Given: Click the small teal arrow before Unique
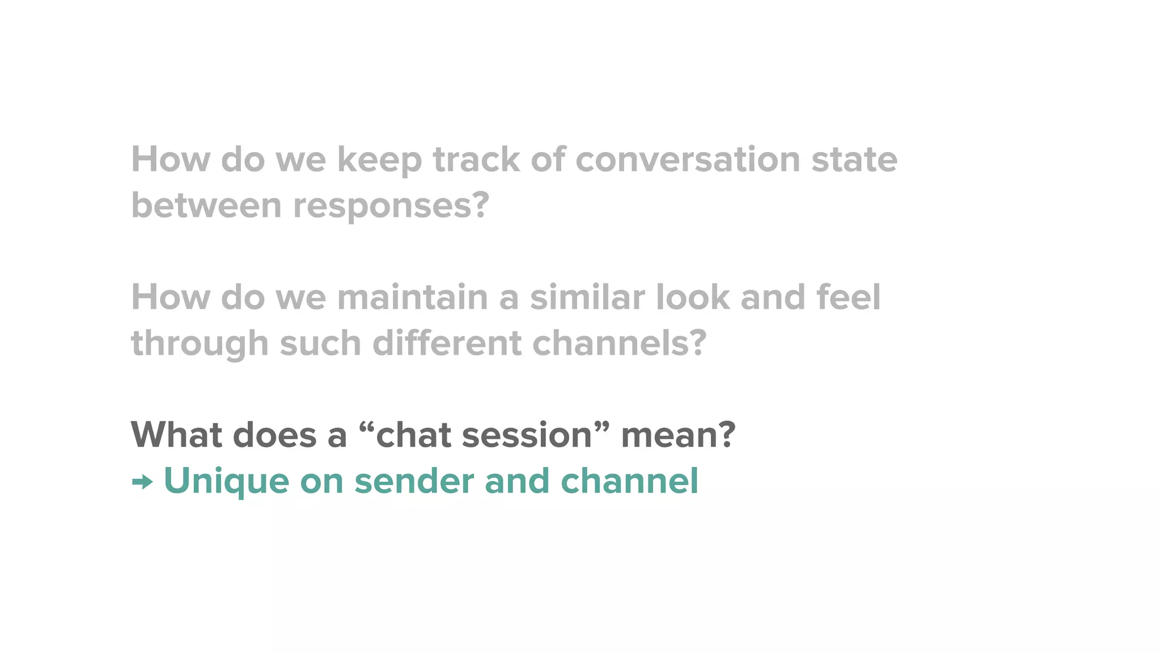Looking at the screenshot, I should coord(142,482).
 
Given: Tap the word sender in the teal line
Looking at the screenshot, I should coord(414,481).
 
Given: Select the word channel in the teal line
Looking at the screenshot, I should coord(629,481).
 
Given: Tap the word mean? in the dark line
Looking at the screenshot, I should coord(678,435).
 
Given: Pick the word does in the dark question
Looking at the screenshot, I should coord(274,435).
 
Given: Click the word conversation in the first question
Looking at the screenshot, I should coord(688,159).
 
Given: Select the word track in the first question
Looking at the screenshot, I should coord(476,159).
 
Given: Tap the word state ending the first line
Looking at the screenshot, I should coord(854,159).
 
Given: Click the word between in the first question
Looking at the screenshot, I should coord(206,205).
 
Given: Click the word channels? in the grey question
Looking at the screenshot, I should coord(620,343).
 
